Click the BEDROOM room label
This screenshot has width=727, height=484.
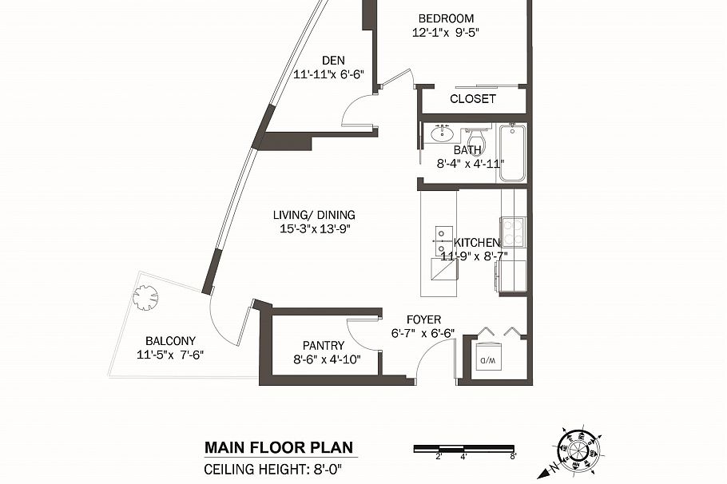446,18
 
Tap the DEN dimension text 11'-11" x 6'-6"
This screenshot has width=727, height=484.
328,74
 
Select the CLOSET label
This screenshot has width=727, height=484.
473,99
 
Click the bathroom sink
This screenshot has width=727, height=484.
440,133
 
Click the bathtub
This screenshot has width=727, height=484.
511,152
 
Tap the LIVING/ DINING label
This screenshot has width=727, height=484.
314,215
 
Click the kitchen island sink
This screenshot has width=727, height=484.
441,235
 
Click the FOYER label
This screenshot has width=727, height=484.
423,319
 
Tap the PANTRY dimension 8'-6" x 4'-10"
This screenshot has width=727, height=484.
327,359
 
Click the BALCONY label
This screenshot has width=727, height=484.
170,340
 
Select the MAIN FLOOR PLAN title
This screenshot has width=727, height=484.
277,448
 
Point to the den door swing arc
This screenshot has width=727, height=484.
356,110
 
